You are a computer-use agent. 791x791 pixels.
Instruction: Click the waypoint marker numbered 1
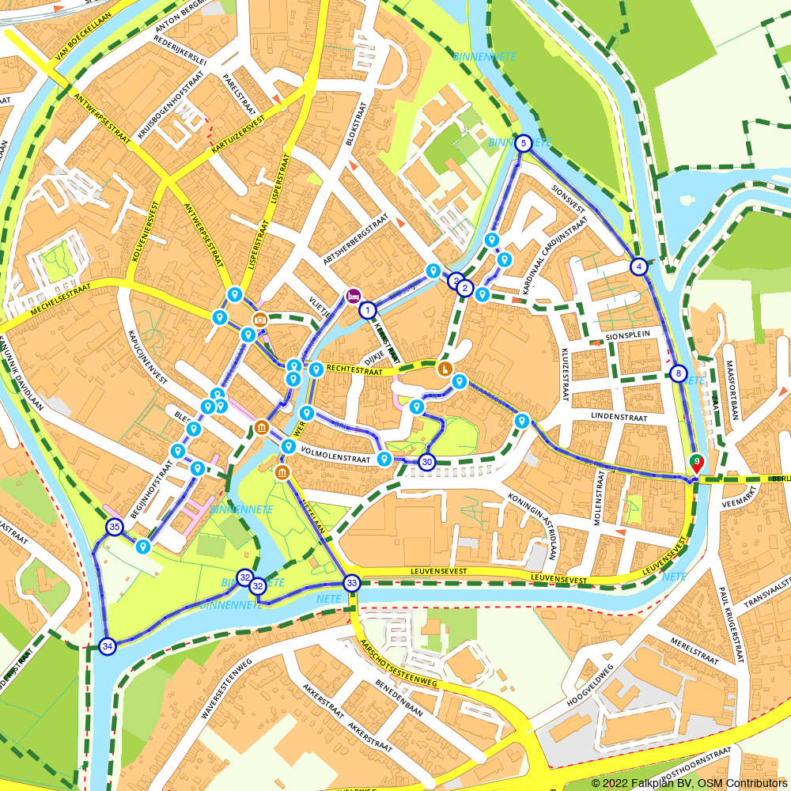click(367, 310)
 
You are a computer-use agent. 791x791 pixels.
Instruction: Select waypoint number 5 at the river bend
click(522, 143)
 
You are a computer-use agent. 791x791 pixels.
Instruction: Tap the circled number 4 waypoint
click(638, 267)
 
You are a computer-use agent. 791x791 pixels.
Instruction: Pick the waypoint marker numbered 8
click(678, 373)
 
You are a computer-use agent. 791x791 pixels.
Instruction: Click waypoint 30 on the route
click(426, 462)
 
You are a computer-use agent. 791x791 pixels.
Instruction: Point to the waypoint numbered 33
click(352, 584)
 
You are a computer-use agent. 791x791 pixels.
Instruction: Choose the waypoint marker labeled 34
click(108, 646)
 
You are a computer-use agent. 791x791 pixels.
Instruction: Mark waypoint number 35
click(115, 527)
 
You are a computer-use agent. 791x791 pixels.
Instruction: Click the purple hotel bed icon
click(354, 297)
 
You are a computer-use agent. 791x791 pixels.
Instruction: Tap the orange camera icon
click(259, 320)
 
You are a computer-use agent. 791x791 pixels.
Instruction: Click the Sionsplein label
click(627, 335)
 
